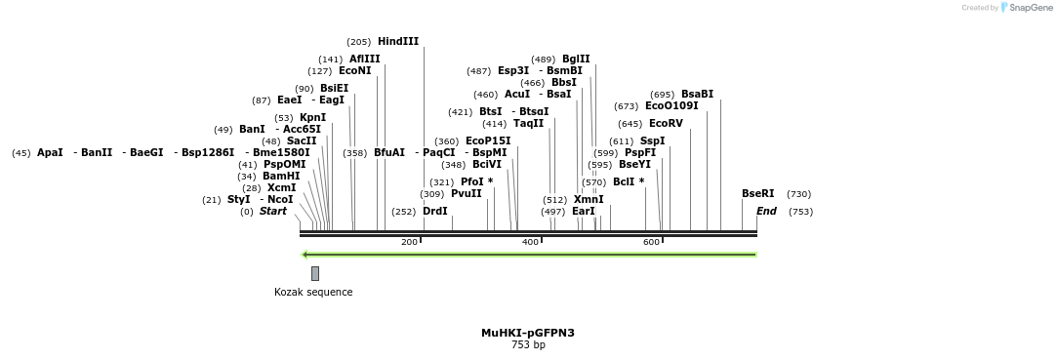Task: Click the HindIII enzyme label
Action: click(398, 41)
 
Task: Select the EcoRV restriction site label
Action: click(666, 123)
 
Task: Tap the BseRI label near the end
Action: click(757, 193)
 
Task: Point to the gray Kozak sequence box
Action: click(315, 273)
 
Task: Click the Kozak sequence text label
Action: click(313, 292)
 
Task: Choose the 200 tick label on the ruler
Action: click(409, 242)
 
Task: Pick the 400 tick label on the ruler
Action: click(530, 242)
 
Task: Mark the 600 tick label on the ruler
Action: click(651, 242)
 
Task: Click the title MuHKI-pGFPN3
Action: click(527, 333)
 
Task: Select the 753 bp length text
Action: click(528, 344)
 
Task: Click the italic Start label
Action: click(273, 211)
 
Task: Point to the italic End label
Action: click(766, 211)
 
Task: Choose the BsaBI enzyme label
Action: click(697, 94)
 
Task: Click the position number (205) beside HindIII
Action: click(359, 42)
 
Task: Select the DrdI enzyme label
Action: click(435, 211)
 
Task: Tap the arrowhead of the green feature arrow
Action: click(305, 255)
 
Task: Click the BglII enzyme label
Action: click(576, 59)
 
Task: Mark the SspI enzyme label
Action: click(652, 140)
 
